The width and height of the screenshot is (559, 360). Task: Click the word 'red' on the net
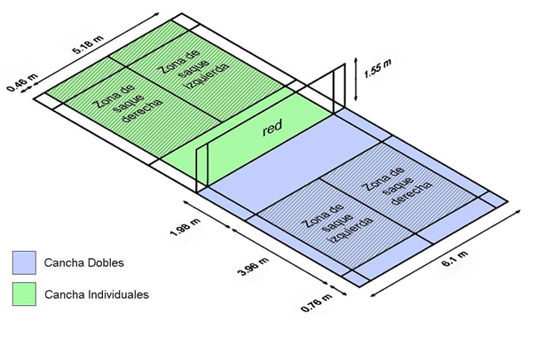tap(272, 129)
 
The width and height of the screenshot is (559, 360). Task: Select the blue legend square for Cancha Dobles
tap(24, 262)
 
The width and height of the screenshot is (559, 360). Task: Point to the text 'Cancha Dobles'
tap(83, 263)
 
